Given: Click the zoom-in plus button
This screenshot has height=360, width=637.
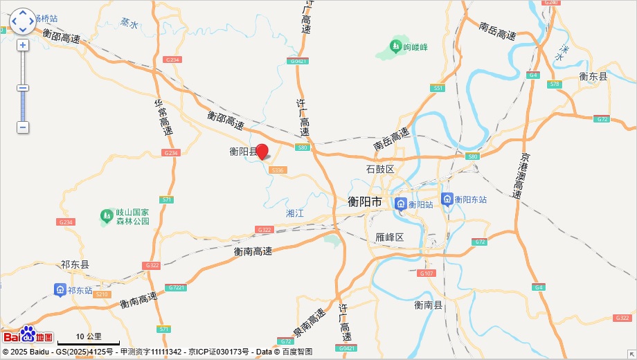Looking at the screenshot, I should (23, 45).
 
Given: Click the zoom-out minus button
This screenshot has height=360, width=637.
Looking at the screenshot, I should (23, 127).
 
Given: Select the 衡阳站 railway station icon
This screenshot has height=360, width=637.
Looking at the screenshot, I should (401, 204).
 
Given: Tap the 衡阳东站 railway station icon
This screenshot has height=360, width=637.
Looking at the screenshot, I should (447, 199).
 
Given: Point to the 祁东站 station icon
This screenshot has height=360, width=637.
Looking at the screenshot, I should (60, 290).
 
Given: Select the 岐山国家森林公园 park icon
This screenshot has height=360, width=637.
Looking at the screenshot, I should (107, 216).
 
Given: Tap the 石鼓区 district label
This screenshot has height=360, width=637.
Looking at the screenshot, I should (379, 170).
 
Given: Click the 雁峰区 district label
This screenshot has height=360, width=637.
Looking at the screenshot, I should (389, 237).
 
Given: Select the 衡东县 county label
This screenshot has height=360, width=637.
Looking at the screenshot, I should (593, 77).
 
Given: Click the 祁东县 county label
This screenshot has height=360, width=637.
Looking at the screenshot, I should (75, 264).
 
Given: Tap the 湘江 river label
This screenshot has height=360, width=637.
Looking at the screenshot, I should (295, 213).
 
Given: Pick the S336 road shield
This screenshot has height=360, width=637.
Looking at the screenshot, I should (278, 170).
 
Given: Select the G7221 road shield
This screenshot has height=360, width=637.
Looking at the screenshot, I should (176, 287).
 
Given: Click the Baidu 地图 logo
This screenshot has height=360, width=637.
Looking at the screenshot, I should (28, 336).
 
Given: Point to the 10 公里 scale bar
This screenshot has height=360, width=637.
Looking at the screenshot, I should (88, 340).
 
